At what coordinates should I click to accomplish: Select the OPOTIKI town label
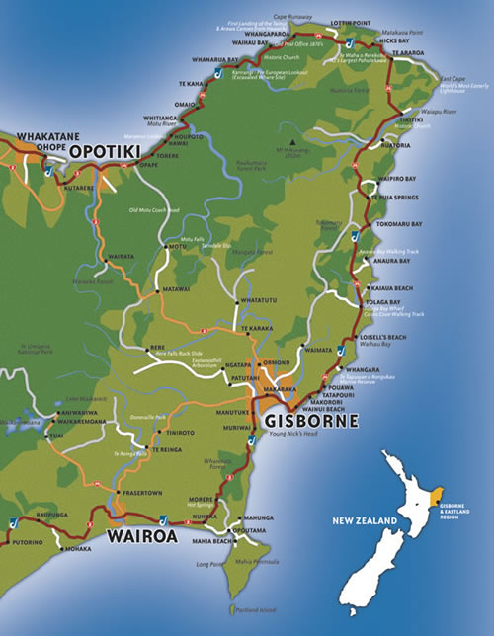click(x=105, y=151)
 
